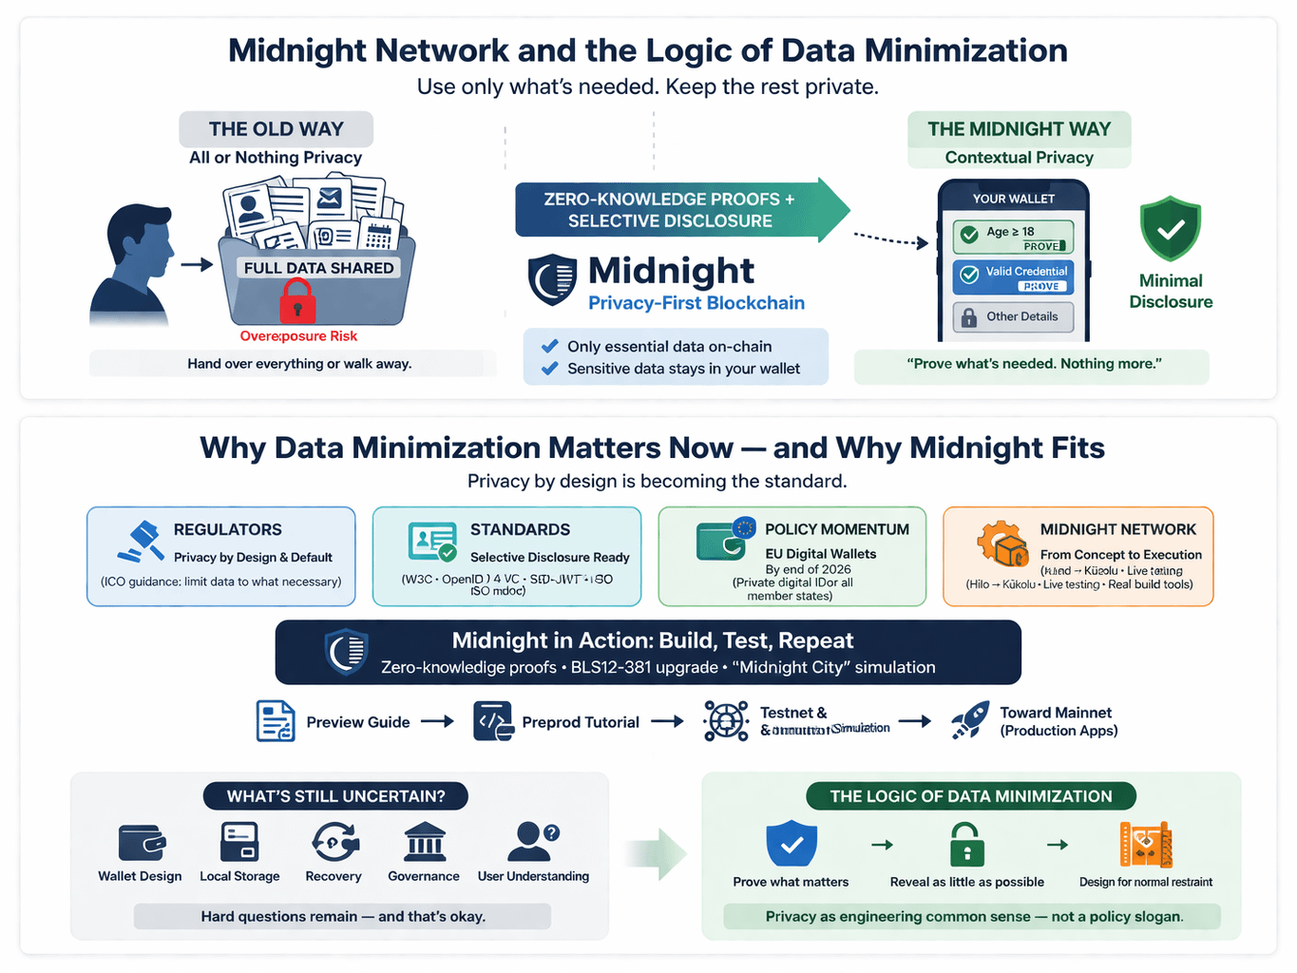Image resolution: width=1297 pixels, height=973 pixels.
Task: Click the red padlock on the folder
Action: point(297,301)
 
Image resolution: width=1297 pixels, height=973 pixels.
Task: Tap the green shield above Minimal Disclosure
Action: point(1170,229)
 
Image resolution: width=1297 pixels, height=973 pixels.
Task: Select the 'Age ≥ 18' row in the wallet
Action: point(1013,237)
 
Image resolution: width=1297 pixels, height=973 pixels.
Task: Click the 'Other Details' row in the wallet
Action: point(1013,317)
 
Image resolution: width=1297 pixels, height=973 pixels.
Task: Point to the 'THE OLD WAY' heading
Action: point(276,129)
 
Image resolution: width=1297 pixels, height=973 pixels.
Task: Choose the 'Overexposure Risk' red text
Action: point(298,336)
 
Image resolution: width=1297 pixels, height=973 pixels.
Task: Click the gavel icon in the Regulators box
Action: point(142,542)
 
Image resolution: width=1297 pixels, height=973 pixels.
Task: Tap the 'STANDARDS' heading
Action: point(520,530)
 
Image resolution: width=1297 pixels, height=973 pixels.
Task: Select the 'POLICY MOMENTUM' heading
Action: point(836,530)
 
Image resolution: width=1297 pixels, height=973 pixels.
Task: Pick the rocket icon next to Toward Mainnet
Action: point(970,721)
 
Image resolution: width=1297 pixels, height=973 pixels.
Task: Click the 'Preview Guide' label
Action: point(357,723)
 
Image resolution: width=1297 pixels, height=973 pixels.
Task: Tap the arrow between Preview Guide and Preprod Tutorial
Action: point(437,722)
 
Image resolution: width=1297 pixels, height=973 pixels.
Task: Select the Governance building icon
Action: point(424,842)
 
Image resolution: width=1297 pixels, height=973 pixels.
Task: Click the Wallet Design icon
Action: point(142,843)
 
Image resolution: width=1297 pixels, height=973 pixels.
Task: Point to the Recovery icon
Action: point(334,842)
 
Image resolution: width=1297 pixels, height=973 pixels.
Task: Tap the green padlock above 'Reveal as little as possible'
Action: point(966,845)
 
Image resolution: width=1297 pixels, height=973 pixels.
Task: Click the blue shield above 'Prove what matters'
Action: point(791,844)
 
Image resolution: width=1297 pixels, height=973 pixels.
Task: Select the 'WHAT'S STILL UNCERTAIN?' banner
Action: point(335,796)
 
